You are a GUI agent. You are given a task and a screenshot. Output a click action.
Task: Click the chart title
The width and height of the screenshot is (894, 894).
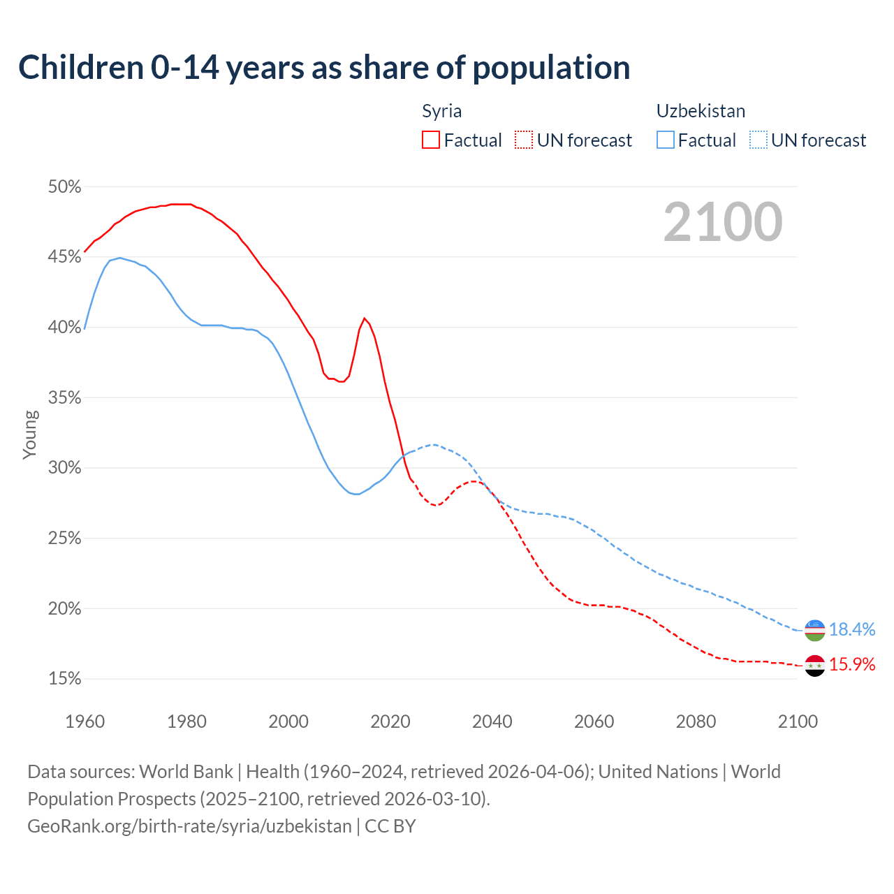pyautogui.click(x=324, y=68)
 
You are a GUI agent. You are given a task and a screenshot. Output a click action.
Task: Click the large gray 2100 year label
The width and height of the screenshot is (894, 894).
pyautogui.click(x=723, y=222)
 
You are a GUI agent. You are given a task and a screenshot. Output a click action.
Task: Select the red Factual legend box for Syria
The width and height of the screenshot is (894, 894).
pyautogui.click(x=431, y=140)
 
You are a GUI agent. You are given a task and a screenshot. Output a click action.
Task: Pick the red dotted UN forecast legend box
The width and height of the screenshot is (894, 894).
pyautogui.click(x=524, y=140)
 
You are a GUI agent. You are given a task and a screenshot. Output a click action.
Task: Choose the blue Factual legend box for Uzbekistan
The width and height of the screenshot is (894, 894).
pyautogui.click(x=666, y=140)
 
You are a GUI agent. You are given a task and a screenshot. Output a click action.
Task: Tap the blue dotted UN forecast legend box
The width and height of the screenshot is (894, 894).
pyautogui.click(x=759, y=140)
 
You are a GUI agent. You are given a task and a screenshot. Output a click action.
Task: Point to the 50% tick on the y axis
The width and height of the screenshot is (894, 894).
pyautogui.click(x=64, y=187)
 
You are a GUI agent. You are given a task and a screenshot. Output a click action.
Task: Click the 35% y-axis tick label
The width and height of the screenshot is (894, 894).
pyautogui.click(x=64, y=398)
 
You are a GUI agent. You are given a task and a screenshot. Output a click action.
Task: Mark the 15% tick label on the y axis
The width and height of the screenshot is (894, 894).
pyautogui.click(x=64, y=679)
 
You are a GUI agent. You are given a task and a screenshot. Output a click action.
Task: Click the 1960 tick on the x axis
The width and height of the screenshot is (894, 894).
pyautogui.click(x=85, y=721)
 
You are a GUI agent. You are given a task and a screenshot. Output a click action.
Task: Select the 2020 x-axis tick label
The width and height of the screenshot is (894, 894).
pyautogui.click(x=390, y=721)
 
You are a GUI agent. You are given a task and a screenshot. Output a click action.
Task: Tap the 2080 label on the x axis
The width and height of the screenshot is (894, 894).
pyautogui.click(x=696, y=721)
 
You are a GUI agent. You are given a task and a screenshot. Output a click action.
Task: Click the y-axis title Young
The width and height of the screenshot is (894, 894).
pyautogui.click(x=29, y=434)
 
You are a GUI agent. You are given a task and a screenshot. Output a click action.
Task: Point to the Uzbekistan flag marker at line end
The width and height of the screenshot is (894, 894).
pyautogui.click(x=815, y=630)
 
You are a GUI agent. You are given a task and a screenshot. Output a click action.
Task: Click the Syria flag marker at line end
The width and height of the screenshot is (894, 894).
pyautogui.click(x=815, y=666)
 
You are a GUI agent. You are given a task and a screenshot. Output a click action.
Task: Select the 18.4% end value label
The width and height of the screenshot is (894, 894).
pyautogui.click(x=852, y=630)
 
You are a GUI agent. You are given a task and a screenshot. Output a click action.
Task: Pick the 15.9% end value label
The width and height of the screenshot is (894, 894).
pyautogui.click(x=852, y=665)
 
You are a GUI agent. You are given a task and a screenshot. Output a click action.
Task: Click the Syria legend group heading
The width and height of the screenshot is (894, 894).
pyautogui.click(x=441, y=111)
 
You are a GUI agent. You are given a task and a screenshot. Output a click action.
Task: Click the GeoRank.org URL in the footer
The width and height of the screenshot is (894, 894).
pyautogui.click(x=189, y=826)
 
